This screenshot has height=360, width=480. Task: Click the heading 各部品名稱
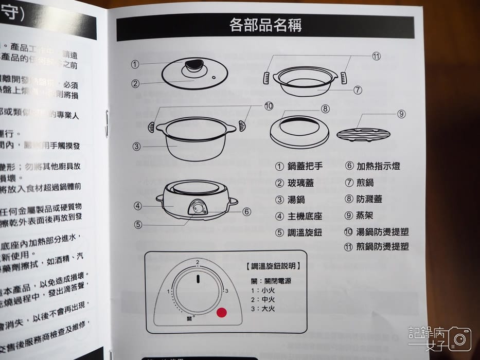point(265,25)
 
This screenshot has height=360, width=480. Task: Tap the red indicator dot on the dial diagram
point(222,313)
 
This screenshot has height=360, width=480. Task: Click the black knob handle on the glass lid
point(194,65)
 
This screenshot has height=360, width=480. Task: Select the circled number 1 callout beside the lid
point(135,64)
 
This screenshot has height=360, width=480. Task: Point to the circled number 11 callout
point(376,57)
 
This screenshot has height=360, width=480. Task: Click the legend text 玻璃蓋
point(300,183)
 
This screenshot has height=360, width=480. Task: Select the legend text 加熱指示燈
point(378,166)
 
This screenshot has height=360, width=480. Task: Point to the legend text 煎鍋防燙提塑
point(383,246)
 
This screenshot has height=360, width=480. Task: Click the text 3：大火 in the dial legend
point(262,309)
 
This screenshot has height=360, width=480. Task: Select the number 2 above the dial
point(197,262)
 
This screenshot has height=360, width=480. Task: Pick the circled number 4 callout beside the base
point(137,206)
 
